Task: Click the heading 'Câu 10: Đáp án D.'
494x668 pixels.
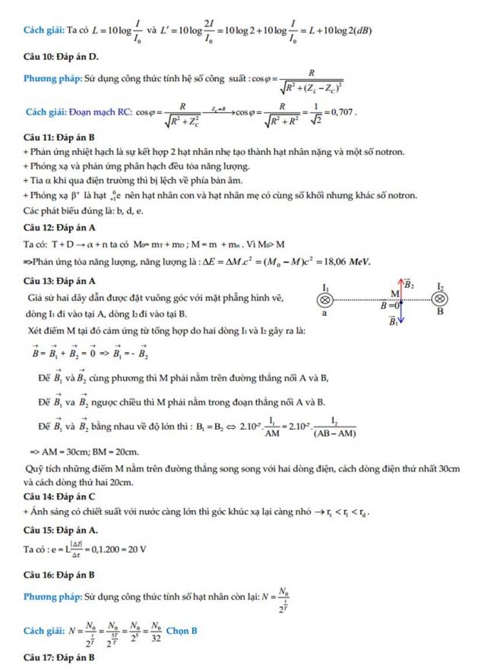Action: [x=61, y=58]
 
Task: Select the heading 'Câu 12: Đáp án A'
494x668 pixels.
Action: [x=59, y=228]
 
